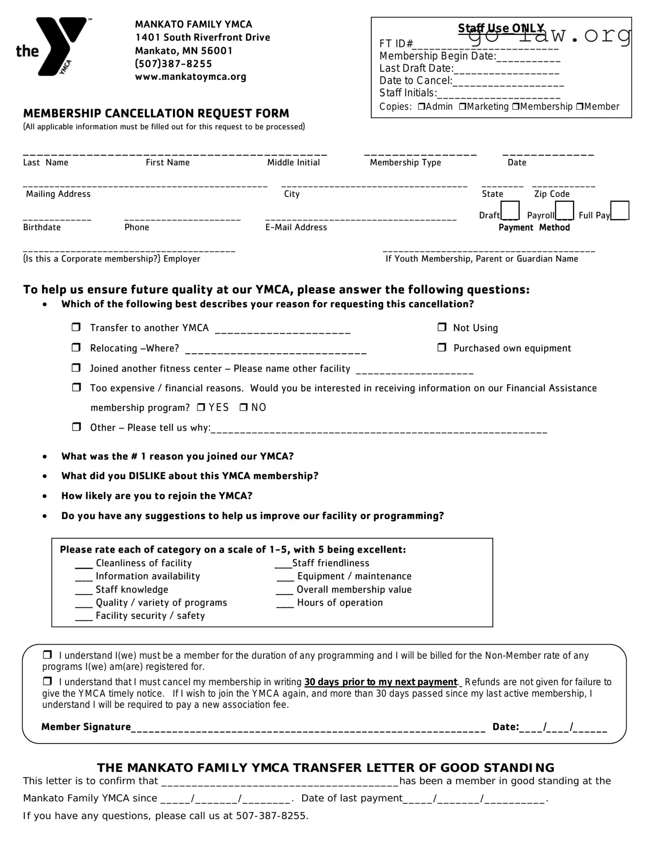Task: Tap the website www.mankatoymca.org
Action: [191, 77]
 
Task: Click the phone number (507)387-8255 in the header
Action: [173, 64]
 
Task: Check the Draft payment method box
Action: [510, 210]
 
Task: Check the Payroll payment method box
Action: [564, 210]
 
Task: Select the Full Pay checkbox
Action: [620, 210]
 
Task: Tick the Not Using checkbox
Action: [442, 327]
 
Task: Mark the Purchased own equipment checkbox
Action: [442, 347]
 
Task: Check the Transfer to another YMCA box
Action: [76, 327]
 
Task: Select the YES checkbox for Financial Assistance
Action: [201, 407]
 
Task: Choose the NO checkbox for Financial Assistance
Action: [243, 407]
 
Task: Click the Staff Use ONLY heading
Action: [501, 28]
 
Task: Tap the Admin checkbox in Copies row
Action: [421, 106]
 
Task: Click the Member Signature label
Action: [86, 727]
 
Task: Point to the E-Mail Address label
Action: [296, 227]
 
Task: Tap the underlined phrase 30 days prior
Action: [380, 682]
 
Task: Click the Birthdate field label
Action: [42, 227]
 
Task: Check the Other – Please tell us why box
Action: [76, 427]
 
